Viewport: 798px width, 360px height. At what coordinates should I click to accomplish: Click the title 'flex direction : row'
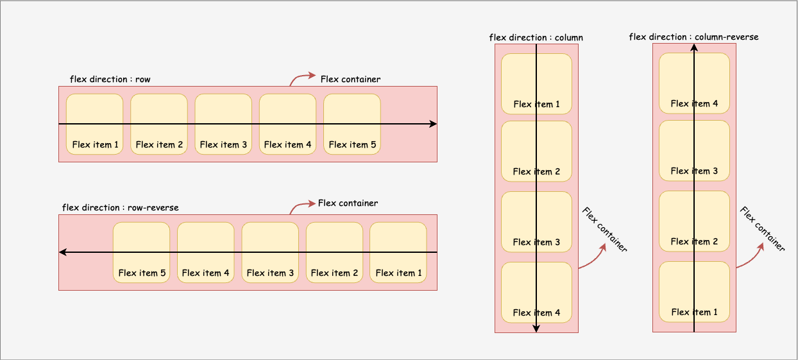110,80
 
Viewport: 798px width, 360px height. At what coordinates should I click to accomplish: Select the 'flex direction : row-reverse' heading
120,208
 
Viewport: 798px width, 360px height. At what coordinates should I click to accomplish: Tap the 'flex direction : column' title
536,38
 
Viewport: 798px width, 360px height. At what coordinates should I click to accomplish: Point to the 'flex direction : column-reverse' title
693,37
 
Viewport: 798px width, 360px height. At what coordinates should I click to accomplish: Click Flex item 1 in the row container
95,124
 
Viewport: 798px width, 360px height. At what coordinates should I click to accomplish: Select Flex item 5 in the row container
352,124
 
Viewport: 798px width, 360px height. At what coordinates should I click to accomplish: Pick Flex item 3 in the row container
223,124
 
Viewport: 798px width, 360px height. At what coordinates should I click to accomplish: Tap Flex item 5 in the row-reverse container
142,252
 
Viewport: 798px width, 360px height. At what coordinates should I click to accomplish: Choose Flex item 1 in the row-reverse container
398,252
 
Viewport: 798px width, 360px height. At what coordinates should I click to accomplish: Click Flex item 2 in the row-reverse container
334,252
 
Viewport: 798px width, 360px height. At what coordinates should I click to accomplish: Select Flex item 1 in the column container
536,84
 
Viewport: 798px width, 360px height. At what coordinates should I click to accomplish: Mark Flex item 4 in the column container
536,293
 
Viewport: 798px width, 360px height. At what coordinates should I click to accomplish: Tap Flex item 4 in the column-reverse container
694,83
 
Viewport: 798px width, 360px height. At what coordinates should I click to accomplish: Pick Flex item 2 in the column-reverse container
694,221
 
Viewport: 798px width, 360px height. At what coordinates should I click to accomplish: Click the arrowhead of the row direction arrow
433,124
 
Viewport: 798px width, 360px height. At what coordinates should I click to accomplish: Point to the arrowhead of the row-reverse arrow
63,252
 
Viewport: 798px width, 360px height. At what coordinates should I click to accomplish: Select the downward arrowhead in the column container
536,329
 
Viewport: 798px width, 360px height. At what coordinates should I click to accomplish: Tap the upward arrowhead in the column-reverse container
694,47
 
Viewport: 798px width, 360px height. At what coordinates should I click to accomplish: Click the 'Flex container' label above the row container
350,80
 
